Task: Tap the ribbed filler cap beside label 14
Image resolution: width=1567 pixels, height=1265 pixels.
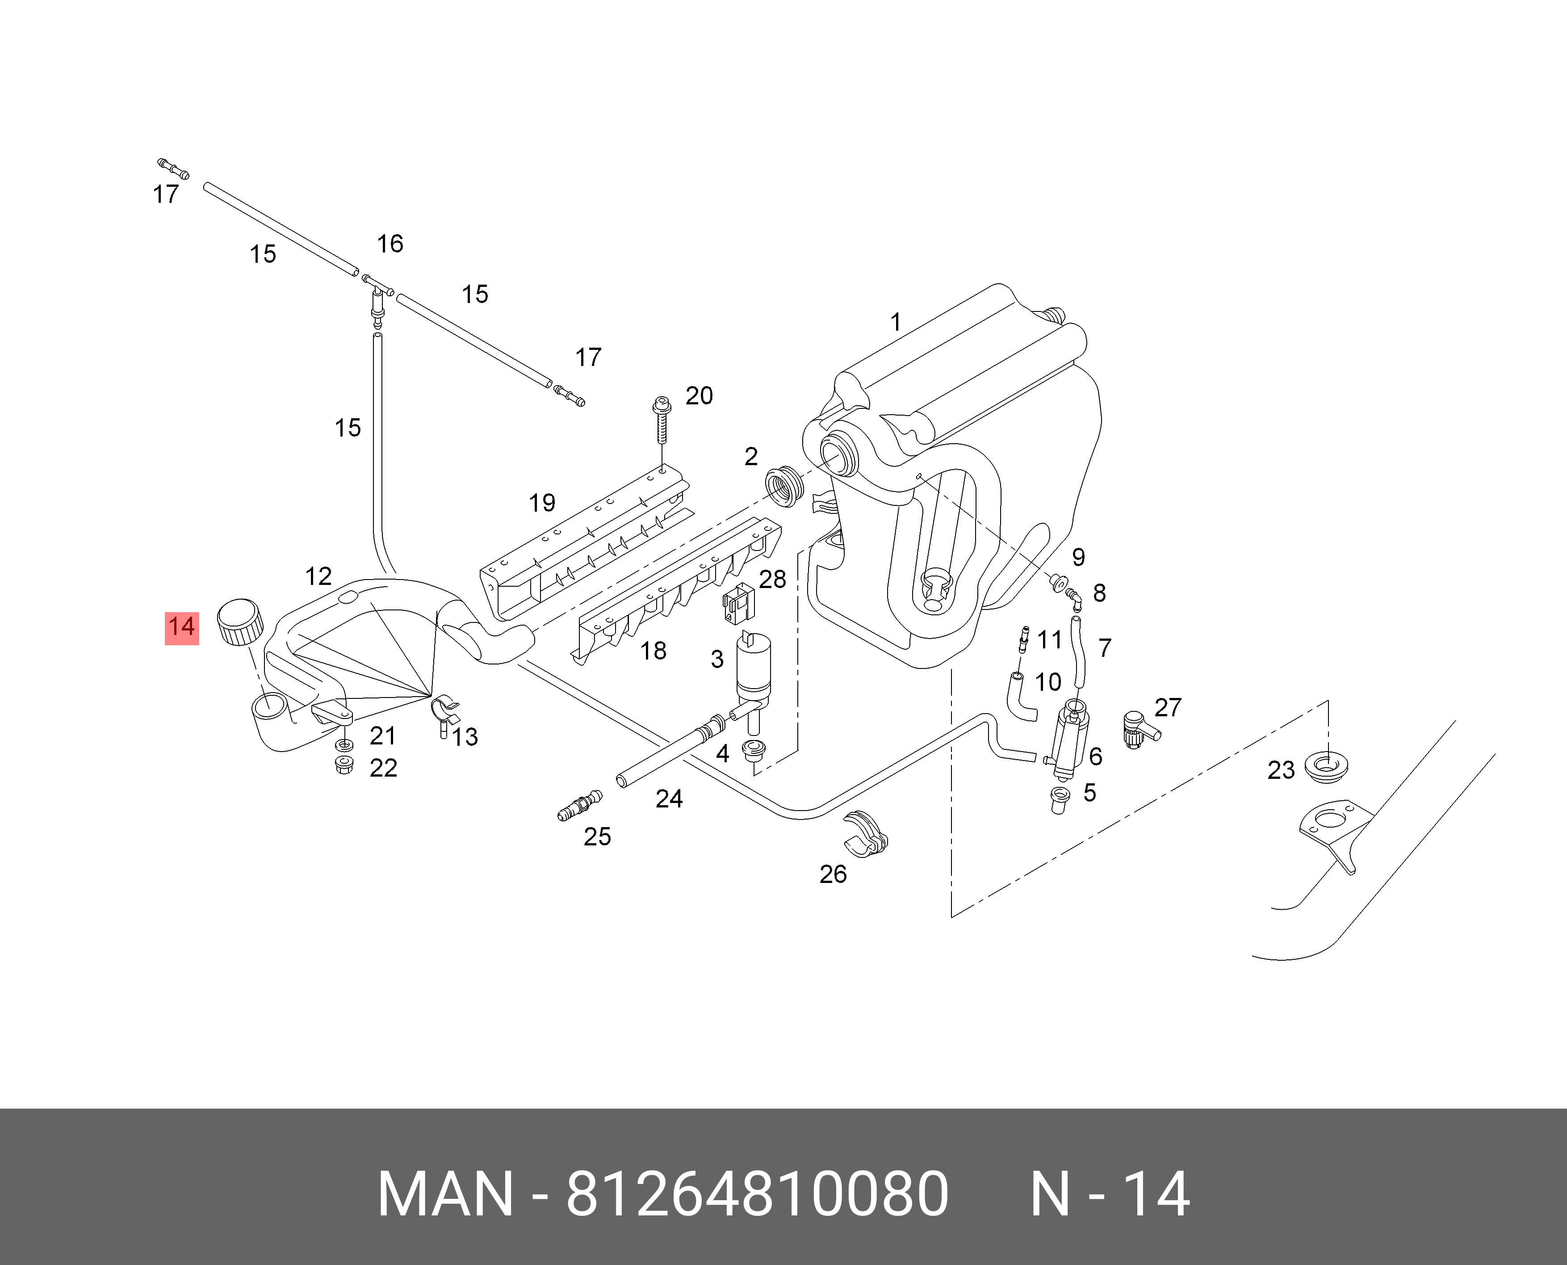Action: click(240, 622)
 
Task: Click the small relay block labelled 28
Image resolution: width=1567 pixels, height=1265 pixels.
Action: click(738, 603)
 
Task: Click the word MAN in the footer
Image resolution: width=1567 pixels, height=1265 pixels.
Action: click(445, 1194)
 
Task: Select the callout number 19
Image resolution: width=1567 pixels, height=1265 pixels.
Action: click(542, 503)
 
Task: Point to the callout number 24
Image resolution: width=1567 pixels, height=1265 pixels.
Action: click(669, 799)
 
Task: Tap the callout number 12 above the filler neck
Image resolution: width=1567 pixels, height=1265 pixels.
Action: click(318, 576)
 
